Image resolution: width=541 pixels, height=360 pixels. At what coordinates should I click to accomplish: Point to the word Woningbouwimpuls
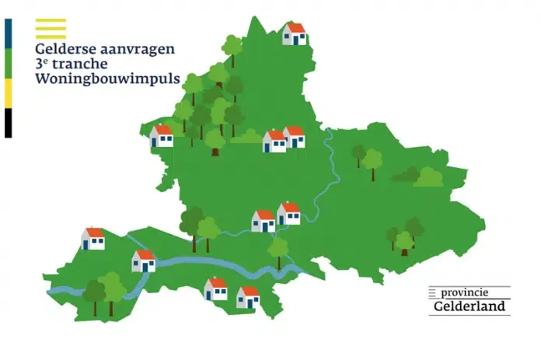click(106, 80)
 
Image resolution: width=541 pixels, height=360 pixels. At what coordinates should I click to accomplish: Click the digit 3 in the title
click(40, 65)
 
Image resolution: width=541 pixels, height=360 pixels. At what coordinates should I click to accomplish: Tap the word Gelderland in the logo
click(469, 307)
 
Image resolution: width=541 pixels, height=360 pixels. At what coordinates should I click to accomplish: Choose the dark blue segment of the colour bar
click(8, 33)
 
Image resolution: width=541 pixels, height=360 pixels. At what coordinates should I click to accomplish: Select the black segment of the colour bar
click(8, 123)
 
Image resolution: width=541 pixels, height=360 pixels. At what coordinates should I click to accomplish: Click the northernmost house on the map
click(294, 34)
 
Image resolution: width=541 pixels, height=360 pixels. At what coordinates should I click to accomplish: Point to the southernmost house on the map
click(248, 297)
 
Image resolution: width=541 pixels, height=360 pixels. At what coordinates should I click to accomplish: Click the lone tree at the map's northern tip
click(232, 48)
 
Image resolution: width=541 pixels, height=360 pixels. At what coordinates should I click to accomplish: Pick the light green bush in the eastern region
click(428, 177)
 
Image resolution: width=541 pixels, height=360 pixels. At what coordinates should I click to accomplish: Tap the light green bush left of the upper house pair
click(248, 137)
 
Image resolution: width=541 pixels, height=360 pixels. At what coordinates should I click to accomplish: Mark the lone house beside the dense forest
click(162, 136)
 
